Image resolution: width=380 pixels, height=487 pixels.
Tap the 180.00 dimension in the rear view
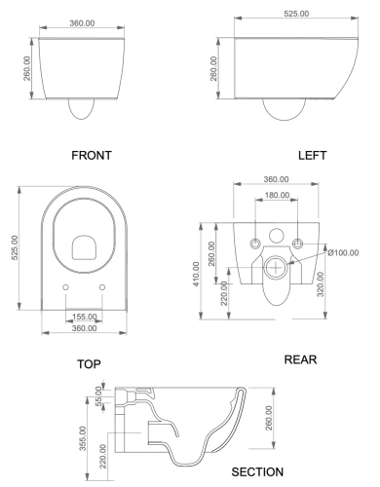278,197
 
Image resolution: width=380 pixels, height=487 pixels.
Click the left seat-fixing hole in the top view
65,287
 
